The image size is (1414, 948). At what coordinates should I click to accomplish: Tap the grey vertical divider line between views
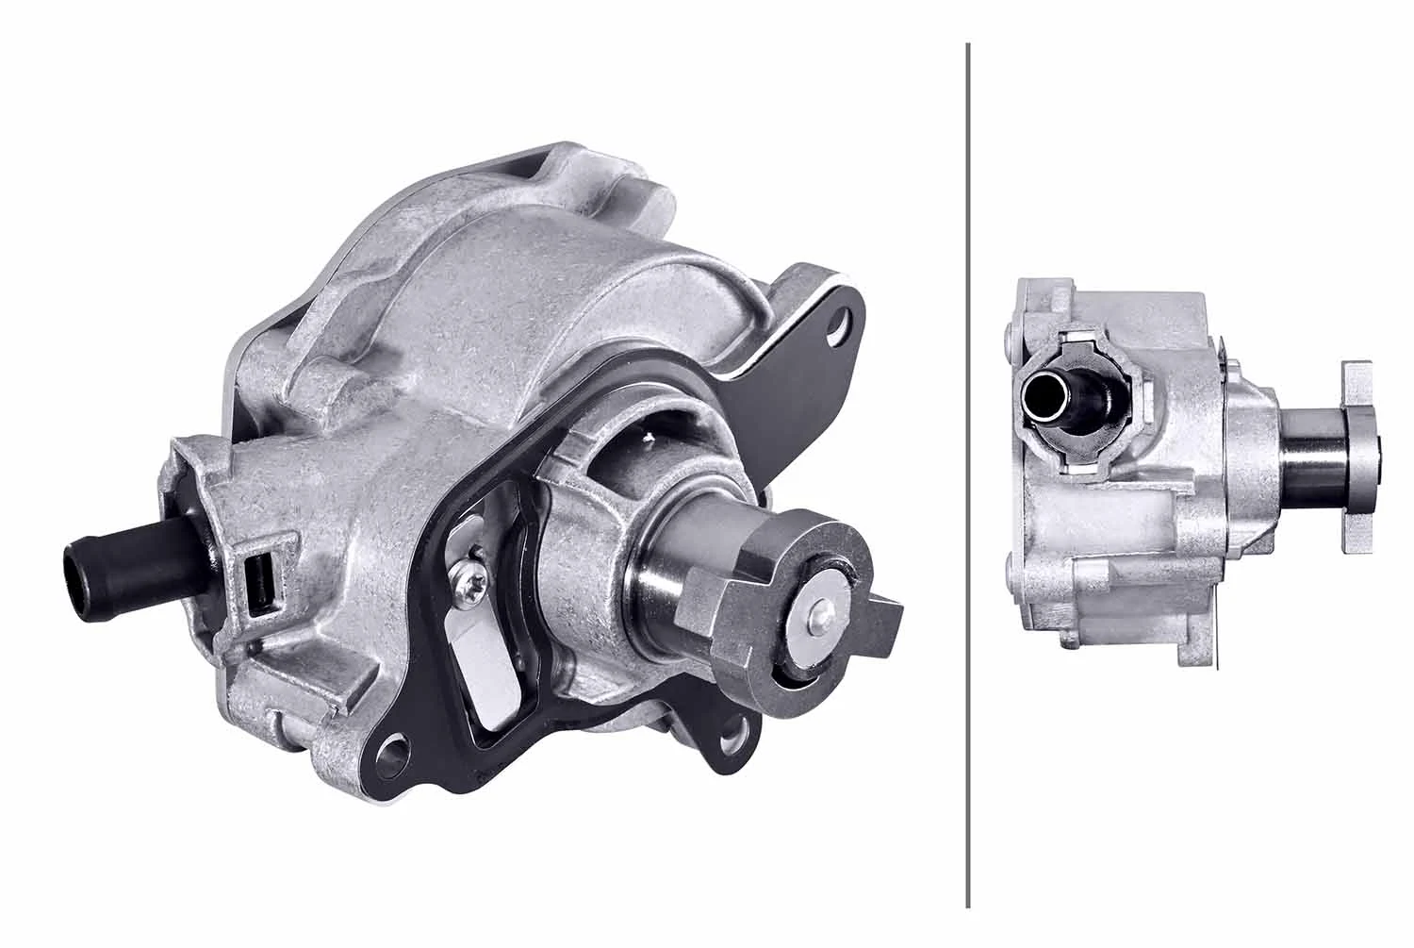969,472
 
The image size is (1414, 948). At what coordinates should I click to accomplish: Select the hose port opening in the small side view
1046,393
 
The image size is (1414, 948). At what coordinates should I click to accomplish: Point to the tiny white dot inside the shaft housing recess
649,436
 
